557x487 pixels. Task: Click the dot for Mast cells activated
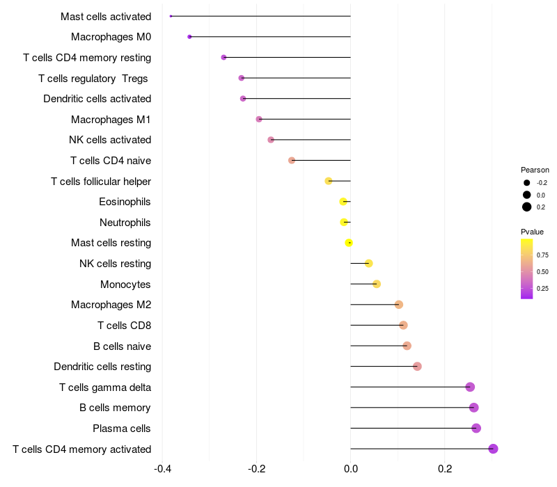pyautogui.click(x=171, y=16)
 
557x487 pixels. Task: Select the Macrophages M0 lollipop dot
pyautogui.click(x=189, y=37)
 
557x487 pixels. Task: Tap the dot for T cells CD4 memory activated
pyautogui.click(x=493, y=449)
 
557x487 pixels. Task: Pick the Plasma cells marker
pyautogui.click(x=476, y=428)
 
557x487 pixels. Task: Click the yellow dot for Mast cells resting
pyautogui.click(x=349, y=243)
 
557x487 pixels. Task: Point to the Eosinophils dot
pyautogui.click(x=343, y=202)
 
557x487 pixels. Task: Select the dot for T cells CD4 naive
pyautogui.click(x=292, y=161)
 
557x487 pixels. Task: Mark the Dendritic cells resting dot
pyautogui.click(x=417, y=367)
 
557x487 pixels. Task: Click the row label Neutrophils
pyautogui.click(x=125, y=223)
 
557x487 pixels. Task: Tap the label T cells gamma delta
pyautogui.click(x=105, y=388)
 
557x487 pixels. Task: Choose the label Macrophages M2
pyautogui.click(x=111, y=305)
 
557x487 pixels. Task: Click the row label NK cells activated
pyautogui.click(x=110, y=140)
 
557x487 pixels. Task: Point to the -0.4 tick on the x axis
pyautogui.click(x=162, y=469)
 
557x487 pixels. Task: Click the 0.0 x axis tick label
pyautogui.click(x=350, y=469)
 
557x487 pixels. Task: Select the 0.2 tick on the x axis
pyautogui.click(x=445, y=469)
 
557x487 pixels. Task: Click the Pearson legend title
pyautogui.click(x=535, y=170)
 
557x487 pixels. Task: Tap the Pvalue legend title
pyautogui.click(x=532, y=232)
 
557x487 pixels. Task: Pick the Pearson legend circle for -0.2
pyautogui.click(x=527, y=183)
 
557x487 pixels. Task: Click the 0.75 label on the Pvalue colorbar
pyautogui.click(x=542, y=255)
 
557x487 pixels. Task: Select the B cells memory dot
pyautogui.click(x=474, y=408)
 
